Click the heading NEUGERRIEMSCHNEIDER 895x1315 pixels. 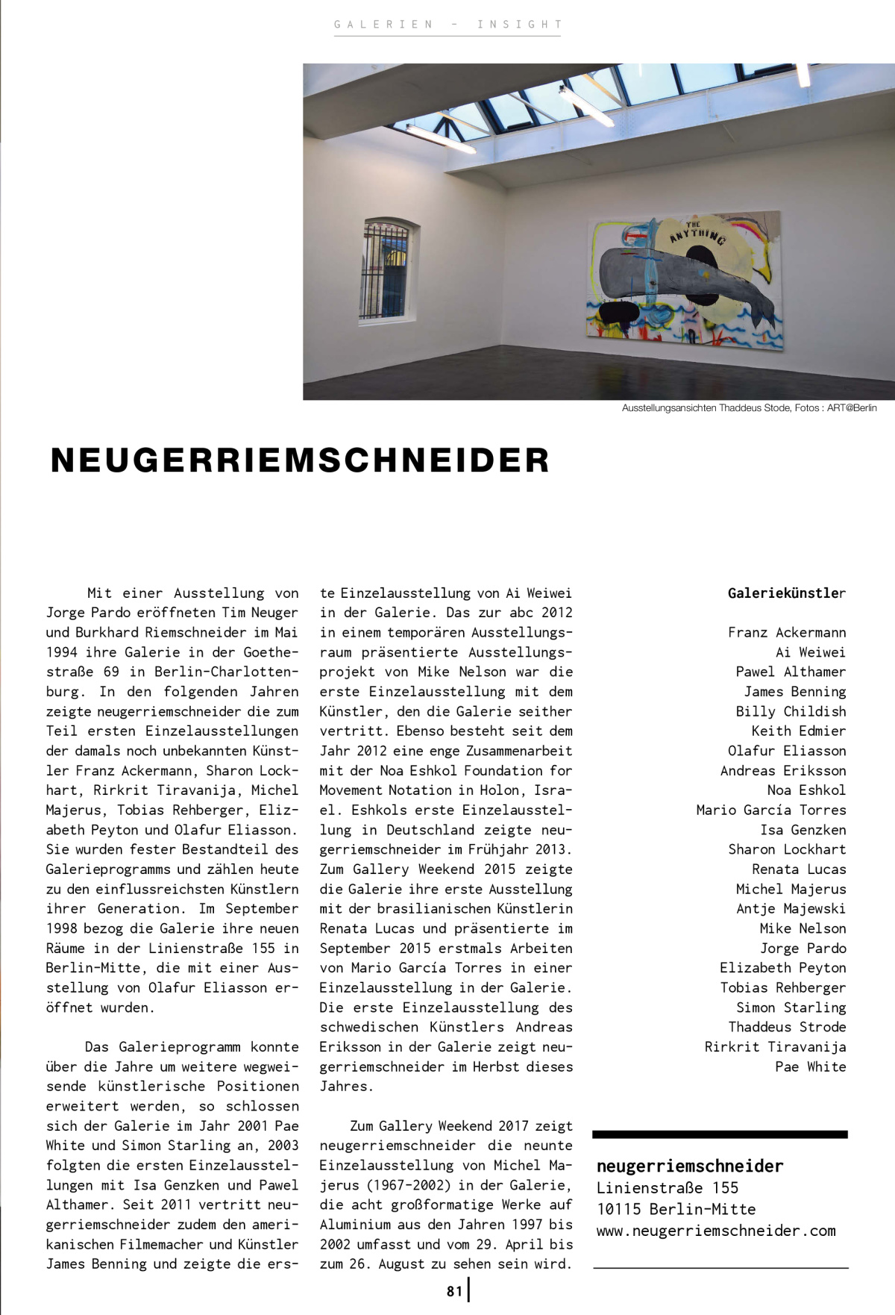point(300,460)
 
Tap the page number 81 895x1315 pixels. point(454,1290)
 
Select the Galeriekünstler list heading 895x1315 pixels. point(786,593)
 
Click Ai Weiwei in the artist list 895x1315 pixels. point(810,652)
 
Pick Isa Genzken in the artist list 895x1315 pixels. point(803,830)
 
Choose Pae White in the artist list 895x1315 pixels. point(810,1066)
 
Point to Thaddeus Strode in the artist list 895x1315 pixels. point(787,1027)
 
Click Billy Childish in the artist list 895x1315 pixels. point(791,711)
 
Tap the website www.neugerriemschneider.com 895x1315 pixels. point(715,1231)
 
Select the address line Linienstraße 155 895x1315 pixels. point(667,1187)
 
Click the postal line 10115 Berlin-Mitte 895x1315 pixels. point(676,1209)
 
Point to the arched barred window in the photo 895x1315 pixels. point(386,269)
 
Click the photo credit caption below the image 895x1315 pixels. point(749,408)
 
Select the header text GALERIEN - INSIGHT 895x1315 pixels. point(447,25)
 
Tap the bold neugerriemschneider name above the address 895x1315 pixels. point(689,1166)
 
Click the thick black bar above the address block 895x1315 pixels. point(720,1134)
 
